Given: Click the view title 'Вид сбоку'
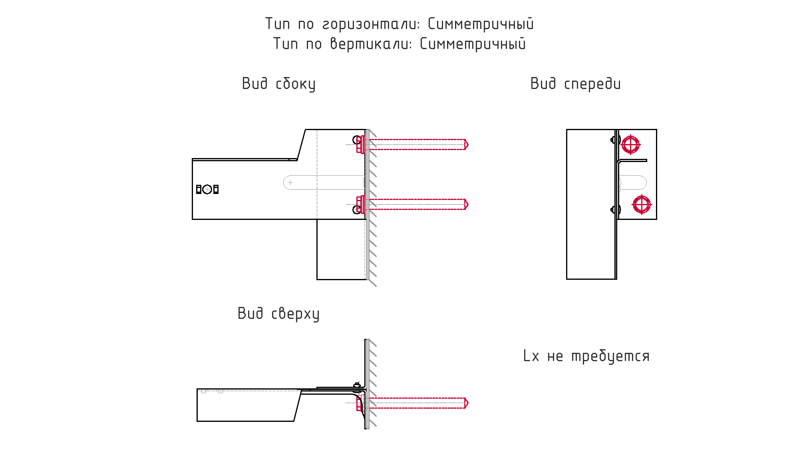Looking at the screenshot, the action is click(x=278, y=84).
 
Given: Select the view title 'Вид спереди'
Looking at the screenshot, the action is click(x=575, y=84).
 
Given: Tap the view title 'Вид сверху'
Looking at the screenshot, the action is click(x=278, y=314).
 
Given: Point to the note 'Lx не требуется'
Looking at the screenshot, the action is click(x=586, y=356).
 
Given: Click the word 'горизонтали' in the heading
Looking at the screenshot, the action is click(x=371, y=24).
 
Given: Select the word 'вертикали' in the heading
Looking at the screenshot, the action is click(x=370, y=44).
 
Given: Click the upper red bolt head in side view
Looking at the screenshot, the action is click(x=360, y=144).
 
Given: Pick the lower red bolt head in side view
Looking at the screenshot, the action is click(x=360, y=204).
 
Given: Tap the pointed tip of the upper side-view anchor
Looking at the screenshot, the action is click(x=468, y=144).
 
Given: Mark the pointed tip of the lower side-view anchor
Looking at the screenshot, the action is click(x=468, y=204).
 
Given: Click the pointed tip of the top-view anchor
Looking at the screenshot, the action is click(x=468, y=403).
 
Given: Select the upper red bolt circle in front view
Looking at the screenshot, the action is click(x=630, y=144).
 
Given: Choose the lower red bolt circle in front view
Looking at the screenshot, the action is click(x=642, y=205).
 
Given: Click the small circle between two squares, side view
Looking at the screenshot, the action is click(x=207, y=190).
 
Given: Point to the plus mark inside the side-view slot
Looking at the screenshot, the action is click(x=290, y=182).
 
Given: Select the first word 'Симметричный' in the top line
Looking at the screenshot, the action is click(x=481, y=24).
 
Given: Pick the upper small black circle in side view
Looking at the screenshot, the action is click(x=357, y=140).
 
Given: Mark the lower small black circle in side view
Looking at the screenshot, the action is click(x=357, y=210).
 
